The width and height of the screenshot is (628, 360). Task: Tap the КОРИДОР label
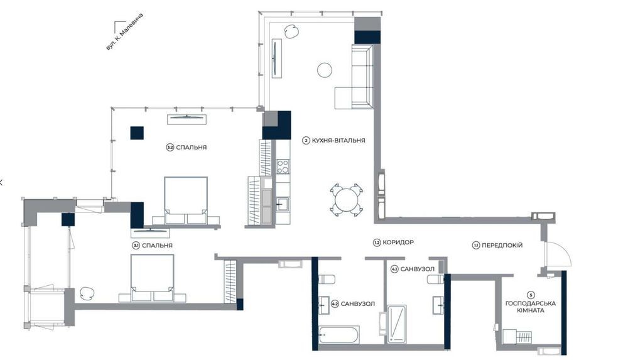398,243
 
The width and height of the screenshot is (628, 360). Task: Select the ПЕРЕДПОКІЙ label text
502,246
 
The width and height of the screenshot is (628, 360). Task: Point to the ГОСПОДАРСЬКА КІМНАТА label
530,307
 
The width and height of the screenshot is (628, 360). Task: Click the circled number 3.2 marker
170,148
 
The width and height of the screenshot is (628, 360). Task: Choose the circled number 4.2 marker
335,304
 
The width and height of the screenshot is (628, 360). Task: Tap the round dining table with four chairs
347,199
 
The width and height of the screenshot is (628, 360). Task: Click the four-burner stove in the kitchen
283,166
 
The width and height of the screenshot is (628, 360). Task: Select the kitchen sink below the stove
283,204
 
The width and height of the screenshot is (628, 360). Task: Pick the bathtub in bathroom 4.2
339,335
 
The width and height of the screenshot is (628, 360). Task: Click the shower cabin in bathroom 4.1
396,324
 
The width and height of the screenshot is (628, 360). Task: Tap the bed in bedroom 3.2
186,200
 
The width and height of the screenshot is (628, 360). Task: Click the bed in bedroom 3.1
152,278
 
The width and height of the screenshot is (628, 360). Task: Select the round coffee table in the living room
325,70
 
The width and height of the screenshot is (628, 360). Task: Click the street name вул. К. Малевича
124,32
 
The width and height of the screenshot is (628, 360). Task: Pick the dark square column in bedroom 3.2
137,133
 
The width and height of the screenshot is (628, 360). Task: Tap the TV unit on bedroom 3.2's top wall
187,119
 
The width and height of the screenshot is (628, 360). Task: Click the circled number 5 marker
531,295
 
